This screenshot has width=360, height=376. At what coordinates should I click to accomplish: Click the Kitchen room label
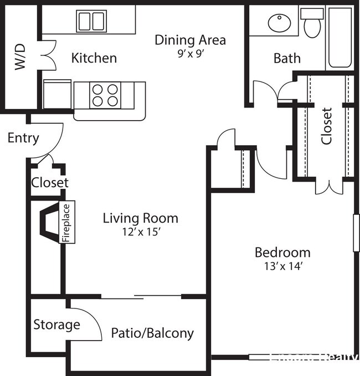pos(94,58)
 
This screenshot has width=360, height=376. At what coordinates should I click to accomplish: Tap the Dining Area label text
pos(190,40)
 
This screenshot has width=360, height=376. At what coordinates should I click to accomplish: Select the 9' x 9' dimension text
pos(190,54)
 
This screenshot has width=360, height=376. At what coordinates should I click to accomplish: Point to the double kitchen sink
pos(91,22)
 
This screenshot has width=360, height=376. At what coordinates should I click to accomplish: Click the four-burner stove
pos(105,94)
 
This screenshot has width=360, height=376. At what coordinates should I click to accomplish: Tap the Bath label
pos(287,58)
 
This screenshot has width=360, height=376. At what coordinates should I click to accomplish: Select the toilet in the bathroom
pos(313,24)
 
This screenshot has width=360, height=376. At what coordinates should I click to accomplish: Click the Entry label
pos(23,138)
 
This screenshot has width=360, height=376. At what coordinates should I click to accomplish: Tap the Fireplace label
pos(66,223)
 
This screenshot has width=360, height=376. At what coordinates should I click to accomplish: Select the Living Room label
pos(140,218)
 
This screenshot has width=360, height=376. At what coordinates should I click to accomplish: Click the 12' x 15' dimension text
pos(140,232)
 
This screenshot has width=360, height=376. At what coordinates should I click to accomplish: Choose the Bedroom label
pos(282,253)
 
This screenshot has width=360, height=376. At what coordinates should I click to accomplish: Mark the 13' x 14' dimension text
pos(282,266)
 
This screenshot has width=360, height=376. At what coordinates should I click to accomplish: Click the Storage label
pos(56,325)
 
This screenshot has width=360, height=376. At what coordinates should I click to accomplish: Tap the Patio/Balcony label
pos(152,333)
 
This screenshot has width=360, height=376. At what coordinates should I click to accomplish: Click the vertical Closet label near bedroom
pos(327,126)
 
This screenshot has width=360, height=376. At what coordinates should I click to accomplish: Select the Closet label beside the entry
pos(50,182)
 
